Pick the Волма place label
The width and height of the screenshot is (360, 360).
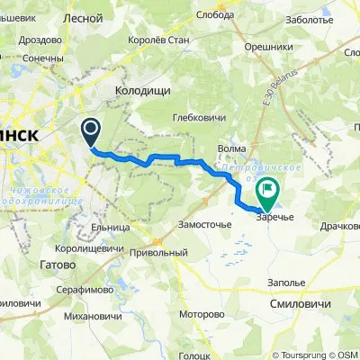click(232, 150)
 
